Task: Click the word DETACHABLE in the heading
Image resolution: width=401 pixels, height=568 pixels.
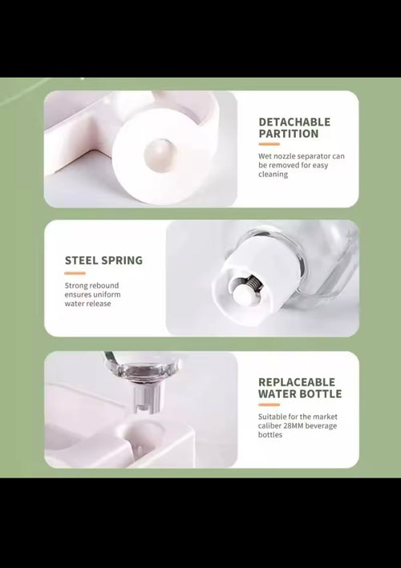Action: (294, 122)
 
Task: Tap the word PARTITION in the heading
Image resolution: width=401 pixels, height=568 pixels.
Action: (289, 133)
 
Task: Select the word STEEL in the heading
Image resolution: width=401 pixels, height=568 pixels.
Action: (81, 260)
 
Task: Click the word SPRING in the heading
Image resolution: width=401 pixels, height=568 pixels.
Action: (122, 260)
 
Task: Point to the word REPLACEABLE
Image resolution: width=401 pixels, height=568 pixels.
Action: (297, 382)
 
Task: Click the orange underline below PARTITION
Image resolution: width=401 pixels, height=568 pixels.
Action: (269, 144)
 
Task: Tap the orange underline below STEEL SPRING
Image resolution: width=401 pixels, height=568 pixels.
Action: (75, 273)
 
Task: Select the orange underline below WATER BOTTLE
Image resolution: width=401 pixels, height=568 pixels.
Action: (269, 405)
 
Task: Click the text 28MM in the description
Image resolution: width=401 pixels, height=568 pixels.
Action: (293, 425)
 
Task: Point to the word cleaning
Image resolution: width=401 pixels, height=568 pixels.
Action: (273, 174)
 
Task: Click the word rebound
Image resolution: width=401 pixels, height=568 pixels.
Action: (105, 285)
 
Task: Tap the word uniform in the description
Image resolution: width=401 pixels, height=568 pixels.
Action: (107, 295)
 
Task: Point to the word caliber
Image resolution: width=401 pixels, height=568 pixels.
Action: (269, 425)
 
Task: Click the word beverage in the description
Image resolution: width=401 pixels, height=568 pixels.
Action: (321, 426)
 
